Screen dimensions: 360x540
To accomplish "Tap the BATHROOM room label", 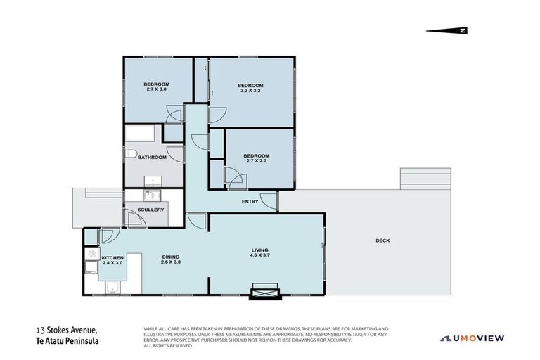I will pyautogui.click(x=152, y=157).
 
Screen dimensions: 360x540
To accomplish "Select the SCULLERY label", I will pyautogui.click(x=150, y=210).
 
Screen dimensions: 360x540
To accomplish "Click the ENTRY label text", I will pyautogui.click(x=250, y=202).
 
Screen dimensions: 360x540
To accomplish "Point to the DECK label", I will pyautogui.click(x=382, y=240).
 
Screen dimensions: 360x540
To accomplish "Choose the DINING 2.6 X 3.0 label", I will pyautogui.click(x=172, y=259).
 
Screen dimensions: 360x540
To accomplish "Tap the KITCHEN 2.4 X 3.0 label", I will pyautogui.click(x=112, y=261).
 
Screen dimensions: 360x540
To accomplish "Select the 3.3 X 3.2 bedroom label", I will pyautogui.click(x=250, y=88).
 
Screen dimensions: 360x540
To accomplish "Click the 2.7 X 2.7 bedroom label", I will pyautogui.click(x=256, y=158).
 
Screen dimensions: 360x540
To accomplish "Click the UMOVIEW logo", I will pyautogui.click(x=472, y=338).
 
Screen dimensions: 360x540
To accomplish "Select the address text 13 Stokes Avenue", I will pyautogui.click(x=67, y=330).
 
